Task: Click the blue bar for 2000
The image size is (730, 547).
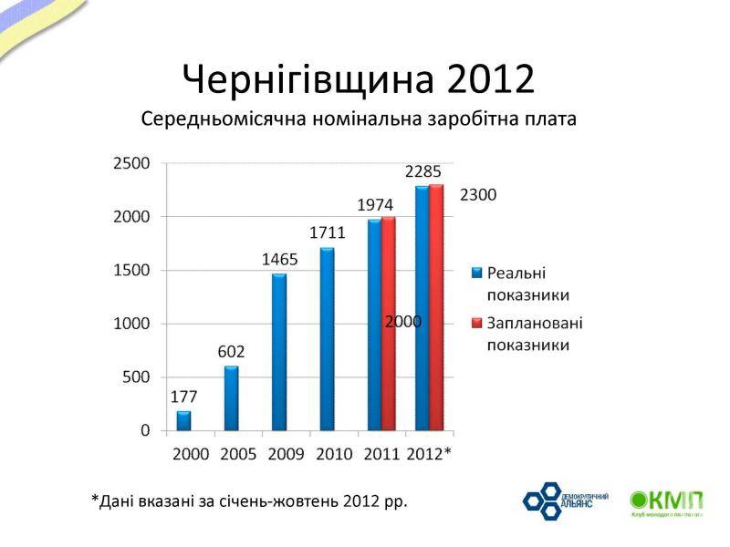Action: coord(184,420)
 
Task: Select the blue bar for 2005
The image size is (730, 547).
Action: coord(232,397)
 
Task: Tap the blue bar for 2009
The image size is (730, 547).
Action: coord(279,352)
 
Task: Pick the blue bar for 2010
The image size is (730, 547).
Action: coord(327,339)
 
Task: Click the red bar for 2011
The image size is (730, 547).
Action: coord(389,324)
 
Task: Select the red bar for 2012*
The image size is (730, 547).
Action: coord(436,307)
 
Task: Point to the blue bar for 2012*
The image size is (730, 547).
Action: coord(422,308)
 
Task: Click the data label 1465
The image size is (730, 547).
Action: coord(280,259)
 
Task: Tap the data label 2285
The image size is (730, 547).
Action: coord(423,170)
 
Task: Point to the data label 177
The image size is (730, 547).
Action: coord(183,397)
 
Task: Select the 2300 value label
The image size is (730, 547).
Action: coord(478,194)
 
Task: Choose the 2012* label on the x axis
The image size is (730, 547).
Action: coord(429,453)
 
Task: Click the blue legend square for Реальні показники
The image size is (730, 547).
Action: coord(476,273)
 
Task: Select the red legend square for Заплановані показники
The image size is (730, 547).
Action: coord(476,323)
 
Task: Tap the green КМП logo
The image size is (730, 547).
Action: coord(667,502)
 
